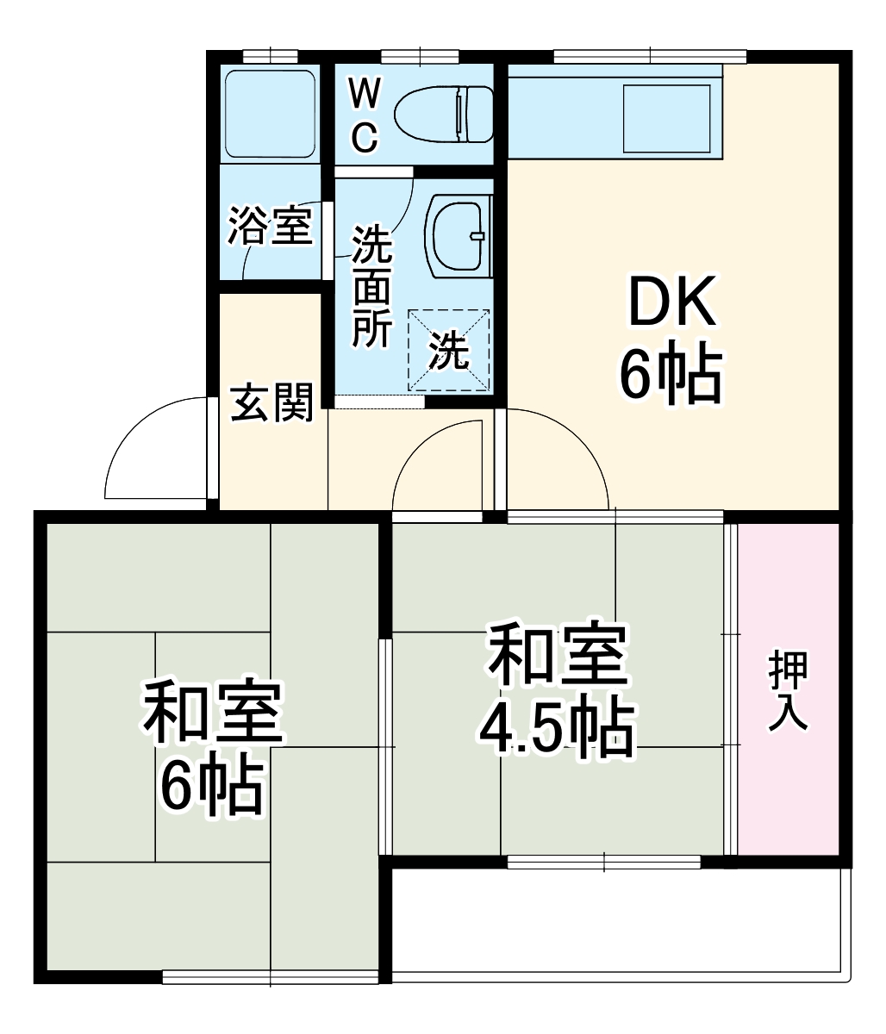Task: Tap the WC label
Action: pyautogui.click(x=365, y=115)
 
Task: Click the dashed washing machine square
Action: pyautogui.click(x=448, y=349)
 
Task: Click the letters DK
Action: pyautogui.click(x=671, y=302)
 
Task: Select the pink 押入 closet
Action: pyautogui.click(x=788, y=688)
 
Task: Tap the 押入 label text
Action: pyautogui.click(x=788, y=688)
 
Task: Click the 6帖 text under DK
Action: pyautogui.click(x=670, y=376)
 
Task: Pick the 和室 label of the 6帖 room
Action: pyautogui.click(x=212, y=713)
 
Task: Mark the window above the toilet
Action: pyautogui.click(x=419, y=57)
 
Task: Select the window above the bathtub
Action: pyautogui.click(x=270, y=57)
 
